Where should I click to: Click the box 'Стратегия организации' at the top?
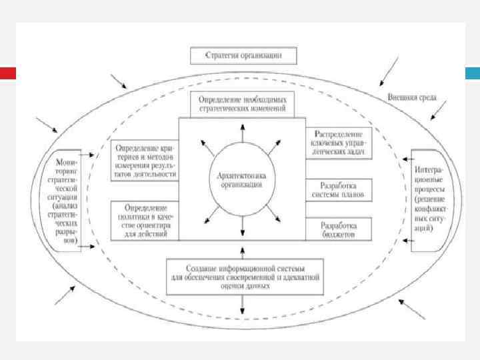[x=243, y=55]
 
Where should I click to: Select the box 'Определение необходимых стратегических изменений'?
[x=242, y=103]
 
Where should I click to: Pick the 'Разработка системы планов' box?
[x=339, y=189]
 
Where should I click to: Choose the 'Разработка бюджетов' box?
[x=339, y=229]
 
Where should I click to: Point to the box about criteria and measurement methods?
[x=145, y=161]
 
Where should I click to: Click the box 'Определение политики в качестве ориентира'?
[x=145, y=221]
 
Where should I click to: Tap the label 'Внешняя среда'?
[x=412, y=97]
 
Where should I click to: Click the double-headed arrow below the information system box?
[x=242, y=304]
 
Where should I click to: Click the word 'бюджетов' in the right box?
[x=339, y=235]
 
